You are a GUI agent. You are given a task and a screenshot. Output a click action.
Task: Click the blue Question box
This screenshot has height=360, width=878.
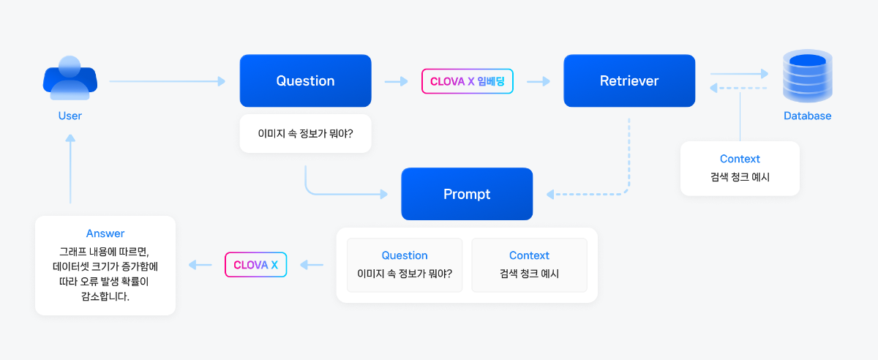[x=305, y=80]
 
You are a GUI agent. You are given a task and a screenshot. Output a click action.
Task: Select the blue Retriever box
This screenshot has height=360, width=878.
[x=629, y=80]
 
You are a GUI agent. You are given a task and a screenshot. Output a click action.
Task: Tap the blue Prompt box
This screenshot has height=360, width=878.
[x=467, y=194]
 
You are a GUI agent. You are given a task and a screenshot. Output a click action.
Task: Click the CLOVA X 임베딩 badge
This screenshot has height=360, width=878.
[x=468, y=81]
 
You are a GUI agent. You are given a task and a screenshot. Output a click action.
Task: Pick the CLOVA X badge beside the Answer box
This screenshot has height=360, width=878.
[x=255, y=265]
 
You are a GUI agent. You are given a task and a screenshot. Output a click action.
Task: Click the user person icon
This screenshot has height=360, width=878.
[x=70, y=78]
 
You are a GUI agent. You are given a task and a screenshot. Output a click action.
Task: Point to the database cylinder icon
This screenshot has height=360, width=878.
[x=808, y=76]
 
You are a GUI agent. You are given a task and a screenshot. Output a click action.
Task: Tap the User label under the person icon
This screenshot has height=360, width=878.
[x=70, y=116]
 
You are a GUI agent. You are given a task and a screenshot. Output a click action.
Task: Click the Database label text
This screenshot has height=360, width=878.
[x=807, y=116]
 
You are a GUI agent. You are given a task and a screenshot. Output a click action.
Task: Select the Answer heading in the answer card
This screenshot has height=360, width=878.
[x=105, y=233]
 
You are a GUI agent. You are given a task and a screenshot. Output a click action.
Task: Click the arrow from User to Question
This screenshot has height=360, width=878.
[x=168, y=81]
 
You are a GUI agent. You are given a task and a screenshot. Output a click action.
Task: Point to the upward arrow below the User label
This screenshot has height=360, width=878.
[x=70, y=168]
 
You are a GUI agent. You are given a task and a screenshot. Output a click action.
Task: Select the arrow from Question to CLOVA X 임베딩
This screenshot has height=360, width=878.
[x=397, y=81]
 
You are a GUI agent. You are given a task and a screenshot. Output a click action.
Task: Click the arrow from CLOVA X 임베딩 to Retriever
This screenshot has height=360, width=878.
[x=539, y=81]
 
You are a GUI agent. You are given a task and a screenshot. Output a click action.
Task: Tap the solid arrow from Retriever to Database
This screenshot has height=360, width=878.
[x=739, y=73]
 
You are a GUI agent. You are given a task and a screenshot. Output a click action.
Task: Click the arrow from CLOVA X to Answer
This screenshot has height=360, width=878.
[x=200, y=265]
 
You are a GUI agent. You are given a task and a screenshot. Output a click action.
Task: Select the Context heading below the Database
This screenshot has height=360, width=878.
[x=740, y=159]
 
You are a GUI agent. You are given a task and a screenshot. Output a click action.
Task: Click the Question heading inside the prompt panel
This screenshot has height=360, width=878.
[x=405, y=255]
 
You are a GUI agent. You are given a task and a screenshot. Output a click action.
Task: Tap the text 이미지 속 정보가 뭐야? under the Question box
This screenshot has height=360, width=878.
[x=305, y=134]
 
